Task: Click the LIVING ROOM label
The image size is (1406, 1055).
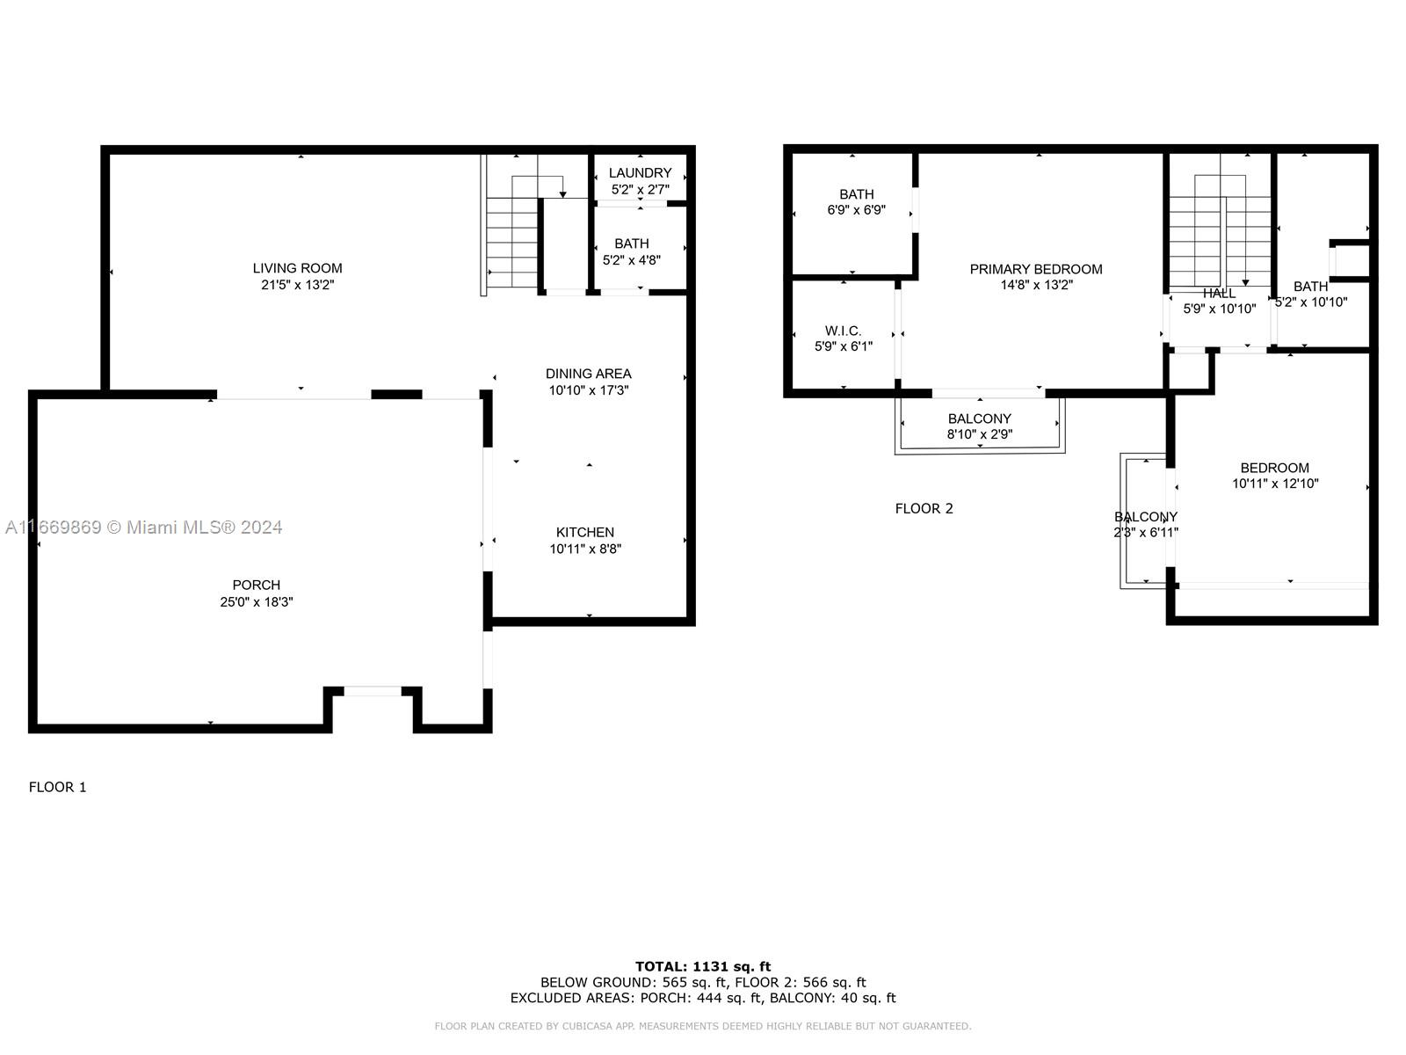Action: [x=297, y=268]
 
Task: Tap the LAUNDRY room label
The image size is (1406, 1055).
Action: [x=640, y=173]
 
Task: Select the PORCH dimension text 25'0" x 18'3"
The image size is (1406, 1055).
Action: [x=257, y=602]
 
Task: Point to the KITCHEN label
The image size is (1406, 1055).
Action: [x=585, y=532]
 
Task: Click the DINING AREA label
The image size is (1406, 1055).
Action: [x=588, y=374]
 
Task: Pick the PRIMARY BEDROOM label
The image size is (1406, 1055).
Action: [x=1036, y=269]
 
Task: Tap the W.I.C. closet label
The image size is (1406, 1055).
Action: [x=843, y=331]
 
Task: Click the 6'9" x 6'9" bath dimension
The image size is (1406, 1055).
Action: [x=857, y=210]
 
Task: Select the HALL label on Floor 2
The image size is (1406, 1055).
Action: [x=1219, y=294]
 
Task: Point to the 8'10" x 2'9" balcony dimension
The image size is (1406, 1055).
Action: [x=980, y=434]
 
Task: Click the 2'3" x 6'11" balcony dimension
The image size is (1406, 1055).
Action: [x=1146, y=532]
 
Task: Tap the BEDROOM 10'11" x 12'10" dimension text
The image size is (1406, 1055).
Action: [x=1275, y=484]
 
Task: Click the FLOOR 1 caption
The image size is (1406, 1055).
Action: [x=58, y=787]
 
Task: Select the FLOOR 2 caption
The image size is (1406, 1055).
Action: [x=924, y=509]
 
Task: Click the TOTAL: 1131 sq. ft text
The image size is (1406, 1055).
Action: [x=703, y=966]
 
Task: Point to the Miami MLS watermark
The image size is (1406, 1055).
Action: [x=143, y=527]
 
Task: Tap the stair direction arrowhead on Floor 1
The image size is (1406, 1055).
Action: [x=562, y=193]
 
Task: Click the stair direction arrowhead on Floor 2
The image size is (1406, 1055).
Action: [x=1245, y=282]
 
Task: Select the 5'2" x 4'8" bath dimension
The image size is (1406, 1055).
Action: [x=631, y=260]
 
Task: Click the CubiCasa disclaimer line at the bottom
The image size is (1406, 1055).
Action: [x=703, y=1026]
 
